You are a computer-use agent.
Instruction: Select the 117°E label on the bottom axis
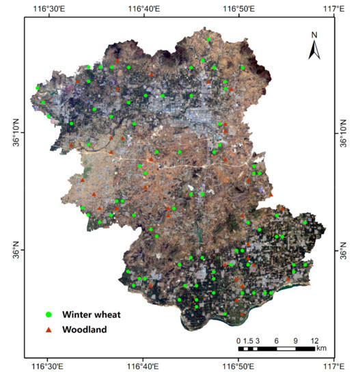(333, 367)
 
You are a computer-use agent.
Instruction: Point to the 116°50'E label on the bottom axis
(238, 367)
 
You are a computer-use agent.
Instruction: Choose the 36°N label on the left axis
(14, 250)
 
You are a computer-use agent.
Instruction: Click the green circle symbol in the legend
(49, 314)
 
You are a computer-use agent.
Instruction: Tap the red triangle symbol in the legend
(49, 330)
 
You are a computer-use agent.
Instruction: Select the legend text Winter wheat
(92, 314)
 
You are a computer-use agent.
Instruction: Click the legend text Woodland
(85, 330)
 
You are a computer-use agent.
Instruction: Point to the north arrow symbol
(314, 49)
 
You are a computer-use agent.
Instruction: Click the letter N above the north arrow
(314, 34)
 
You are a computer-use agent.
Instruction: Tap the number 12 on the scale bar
(315, 340)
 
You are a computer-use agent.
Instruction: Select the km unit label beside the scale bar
(321, 349)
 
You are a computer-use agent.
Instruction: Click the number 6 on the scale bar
(277, 340)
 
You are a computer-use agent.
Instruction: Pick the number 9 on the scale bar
(296, 340)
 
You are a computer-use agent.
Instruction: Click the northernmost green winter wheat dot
(208, 40)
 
